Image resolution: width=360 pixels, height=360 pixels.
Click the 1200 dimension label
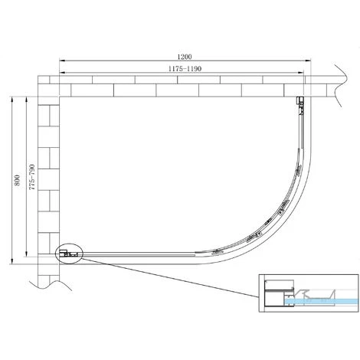pyautogui.click(x=185, y=57)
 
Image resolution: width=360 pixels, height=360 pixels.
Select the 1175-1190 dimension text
pyautogui.click(x=185, y=69)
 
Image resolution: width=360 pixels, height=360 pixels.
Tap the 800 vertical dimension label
pyautogui.click(x=17, y=180)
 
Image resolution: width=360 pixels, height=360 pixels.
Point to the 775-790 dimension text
pyautogui.click(x=31, y=177)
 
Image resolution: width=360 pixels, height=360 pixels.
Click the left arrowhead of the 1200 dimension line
pyautogui.click(x=62, y=61)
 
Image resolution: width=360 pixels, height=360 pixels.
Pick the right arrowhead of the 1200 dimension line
pyautogui.click(x=309, y=61)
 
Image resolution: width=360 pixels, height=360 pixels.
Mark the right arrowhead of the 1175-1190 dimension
pyautogui.click(x=301, y=73)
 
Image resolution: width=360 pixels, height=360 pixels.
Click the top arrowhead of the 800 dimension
pyautogui.click(x=11, y=100)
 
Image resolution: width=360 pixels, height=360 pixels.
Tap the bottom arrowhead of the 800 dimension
pyautogui.click(x=11, y=261)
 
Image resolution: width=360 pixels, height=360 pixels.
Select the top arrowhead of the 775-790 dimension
pyautogui.click(x=26, y=100)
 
